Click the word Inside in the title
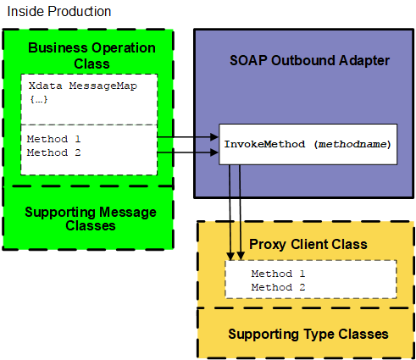point(24,12)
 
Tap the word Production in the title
point(78,12)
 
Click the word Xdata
point(43,86)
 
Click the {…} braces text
point(39,100)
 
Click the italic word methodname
point(354,145)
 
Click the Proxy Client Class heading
point(308,245)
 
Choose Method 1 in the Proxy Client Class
point(278,274)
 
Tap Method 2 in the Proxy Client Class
point(278,287)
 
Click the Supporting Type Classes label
point(308,333)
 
